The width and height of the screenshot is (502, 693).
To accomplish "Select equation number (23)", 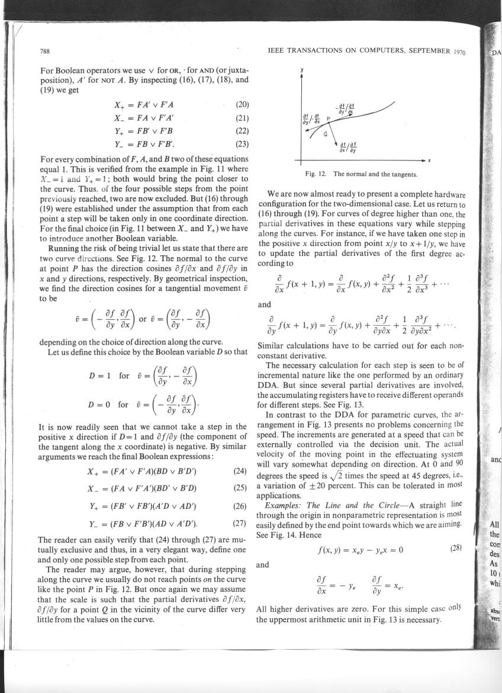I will click(240, 143).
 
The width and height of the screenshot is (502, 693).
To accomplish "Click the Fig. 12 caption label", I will click(316, 174).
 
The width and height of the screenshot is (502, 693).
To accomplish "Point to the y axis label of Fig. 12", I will click(302, 69).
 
